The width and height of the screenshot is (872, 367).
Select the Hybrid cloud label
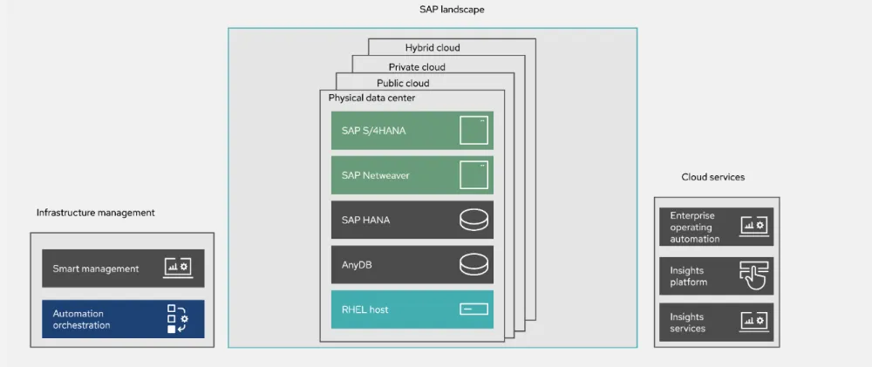coord(432,48)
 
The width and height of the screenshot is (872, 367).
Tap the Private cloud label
coord(417,67)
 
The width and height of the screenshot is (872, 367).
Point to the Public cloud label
coord(403,84)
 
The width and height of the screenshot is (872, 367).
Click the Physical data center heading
coord(371,99)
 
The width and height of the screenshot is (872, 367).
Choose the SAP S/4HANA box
coord(412,131)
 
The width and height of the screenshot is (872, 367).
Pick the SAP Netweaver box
coord(412,175)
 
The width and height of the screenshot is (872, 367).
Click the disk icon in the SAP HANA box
coord(474,221)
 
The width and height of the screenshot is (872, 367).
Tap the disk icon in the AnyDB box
coord(474,265)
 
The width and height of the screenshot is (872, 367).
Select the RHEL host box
coord(412,309)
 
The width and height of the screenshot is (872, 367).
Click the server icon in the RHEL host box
coord(474,309)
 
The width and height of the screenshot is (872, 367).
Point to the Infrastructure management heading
coord(96,213)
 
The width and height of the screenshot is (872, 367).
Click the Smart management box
coord(123,268)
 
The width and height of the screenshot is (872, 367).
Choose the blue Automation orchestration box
coord(123,319)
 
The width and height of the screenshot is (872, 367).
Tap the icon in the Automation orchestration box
coord(178,319)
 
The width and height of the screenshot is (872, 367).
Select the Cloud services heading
coord(712,177)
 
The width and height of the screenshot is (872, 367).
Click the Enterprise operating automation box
coord(716,227)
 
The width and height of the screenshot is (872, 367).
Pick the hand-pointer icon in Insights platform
coord(753,275)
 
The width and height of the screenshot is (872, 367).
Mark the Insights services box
coord(716,323)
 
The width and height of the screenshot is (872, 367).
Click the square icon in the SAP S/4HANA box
coord(473,131)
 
